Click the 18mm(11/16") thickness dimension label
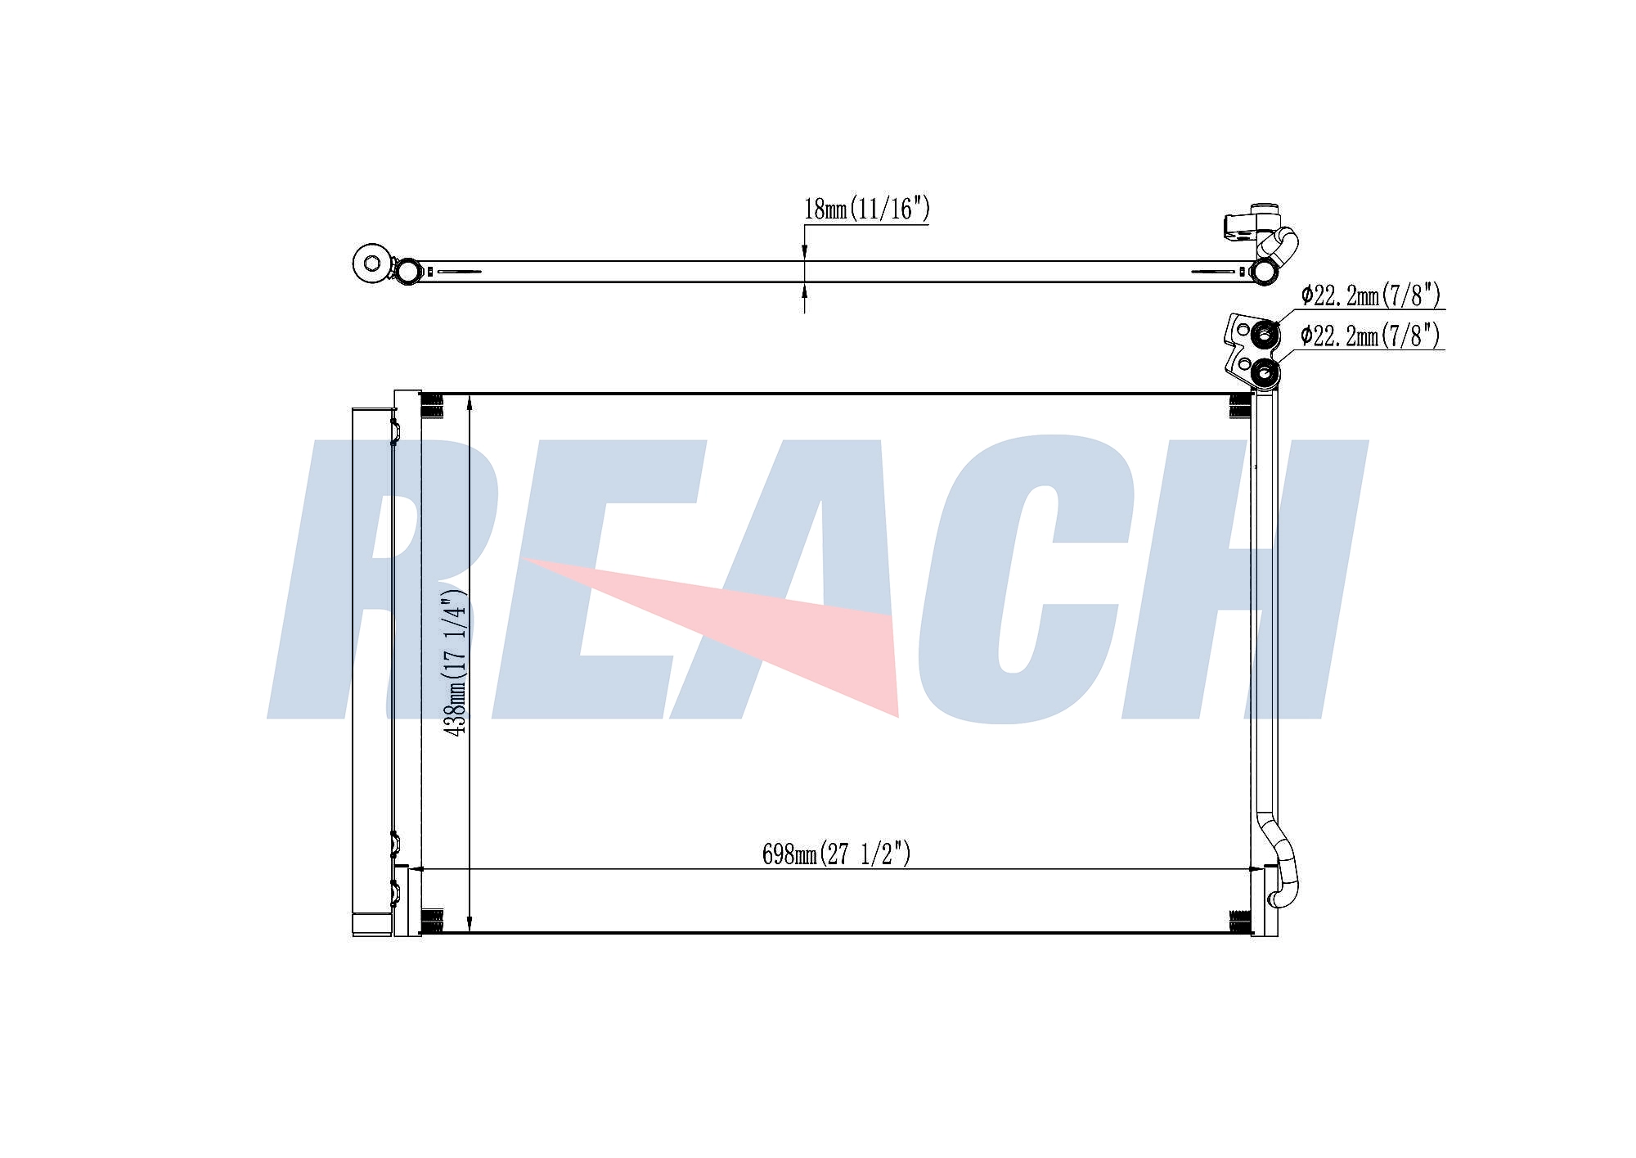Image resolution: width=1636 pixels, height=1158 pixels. [867, 210]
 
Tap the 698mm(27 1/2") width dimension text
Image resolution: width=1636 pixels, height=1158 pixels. [836, 854]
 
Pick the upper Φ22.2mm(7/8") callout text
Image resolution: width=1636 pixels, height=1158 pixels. [1370, 295]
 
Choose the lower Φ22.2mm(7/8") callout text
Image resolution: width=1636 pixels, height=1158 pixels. [1370, 336]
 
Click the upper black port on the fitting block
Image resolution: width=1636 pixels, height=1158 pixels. [1265, 334]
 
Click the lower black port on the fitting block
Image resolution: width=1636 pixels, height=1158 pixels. [1265, 374]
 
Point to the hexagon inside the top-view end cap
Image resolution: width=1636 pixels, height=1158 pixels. [373, 264]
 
